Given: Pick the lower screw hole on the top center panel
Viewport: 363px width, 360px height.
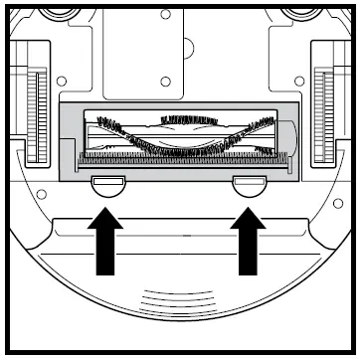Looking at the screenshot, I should (x=165, y=79).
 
